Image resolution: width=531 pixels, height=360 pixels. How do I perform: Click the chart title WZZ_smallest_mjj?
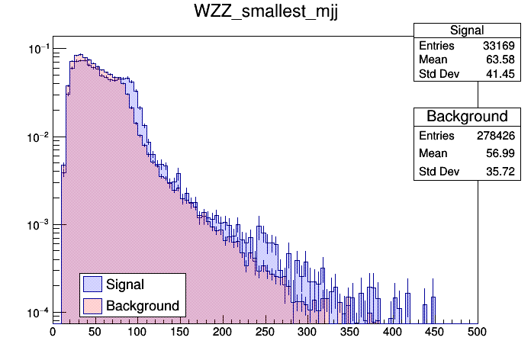pyautogui.click(x=265, y=14)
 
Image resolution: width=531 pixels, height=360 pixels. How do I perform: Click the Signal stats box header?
pyautogui.click(x=467, y=31)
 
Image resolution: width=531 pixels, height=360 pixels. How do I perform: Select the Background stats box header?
pyautogui.click(x=467, y=117)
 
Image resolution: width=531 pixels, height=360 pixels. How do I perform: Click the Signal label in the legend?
pyautogui.click(x=125, y=284)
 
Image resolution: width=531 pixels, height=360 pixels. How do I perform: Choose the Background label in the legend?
pyautogui.click(x=143, y=306)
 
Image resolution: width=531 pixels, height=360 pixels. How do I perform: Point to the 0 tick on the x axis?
pyautogui.click(x=53, y=333)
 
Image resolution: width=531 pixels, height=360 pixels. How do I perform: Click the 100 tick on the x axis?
pyautogui.click(x=137, y=333)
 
